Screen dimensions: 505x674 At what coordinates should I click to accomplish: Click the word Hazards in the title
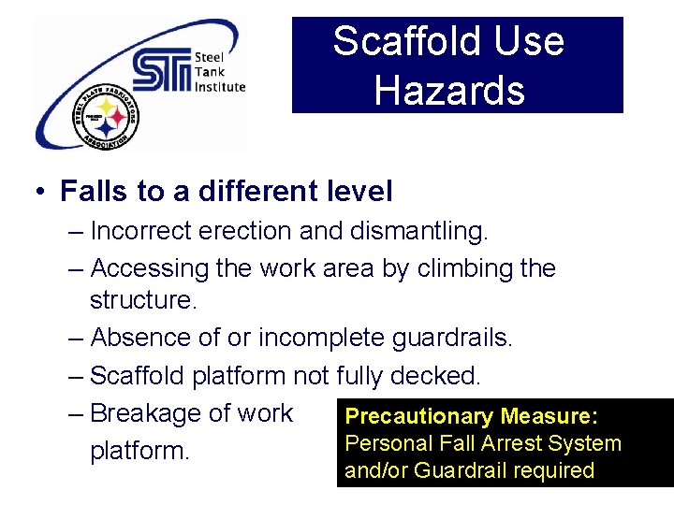(x=449, y=90)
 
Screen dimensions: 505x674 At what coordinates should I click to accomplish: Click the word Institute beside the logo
(x=220, y=87)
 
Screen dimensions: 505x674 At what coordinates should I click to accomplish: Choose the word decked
(x=435, y=376)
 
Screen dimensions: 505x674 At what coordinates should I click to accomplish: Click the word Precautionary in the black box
(x=418, y=416)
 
